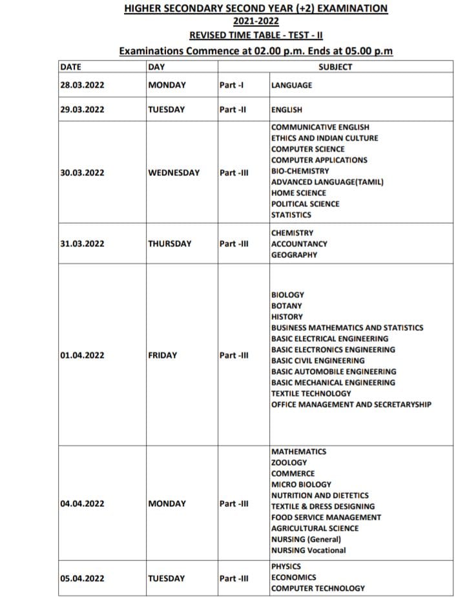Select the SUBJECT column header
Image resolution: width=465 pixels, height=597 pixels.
coord(335,67)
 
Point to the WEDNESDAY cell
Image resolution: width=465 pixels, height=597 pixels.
coord(174,173)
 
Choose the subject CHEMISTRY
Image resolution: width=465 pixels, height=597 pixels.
coord(293,233)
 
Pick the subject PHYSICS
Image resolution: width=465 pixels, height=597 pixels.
coord(286,566)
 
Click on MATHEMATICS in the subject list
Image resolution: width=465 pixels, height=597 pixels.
coord(299,452)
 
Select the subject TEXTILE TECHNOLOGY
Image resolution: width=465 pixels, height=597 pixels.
coord(311,393)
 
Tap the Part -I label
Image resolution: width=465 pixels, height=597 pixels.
coord(231,85)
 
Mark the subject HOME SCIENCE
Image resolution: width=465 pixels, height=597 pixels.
coord(299,193)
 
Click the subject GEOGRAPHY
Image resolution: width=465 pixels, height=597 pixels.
coord(294,255)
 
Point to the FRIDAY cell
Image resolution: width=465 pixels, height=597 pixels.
coord(162,355)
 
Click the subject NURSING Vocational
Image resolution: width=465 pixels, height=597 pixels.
coord(309,551)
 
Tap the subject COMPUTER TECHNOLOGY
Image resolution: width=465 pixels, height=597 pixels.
coord(318,588)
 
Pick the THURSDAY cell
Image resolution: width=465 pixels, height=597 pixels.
coord(169,244)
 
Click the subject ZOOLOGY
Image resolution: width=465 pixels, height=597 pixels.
coord(289,463)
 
